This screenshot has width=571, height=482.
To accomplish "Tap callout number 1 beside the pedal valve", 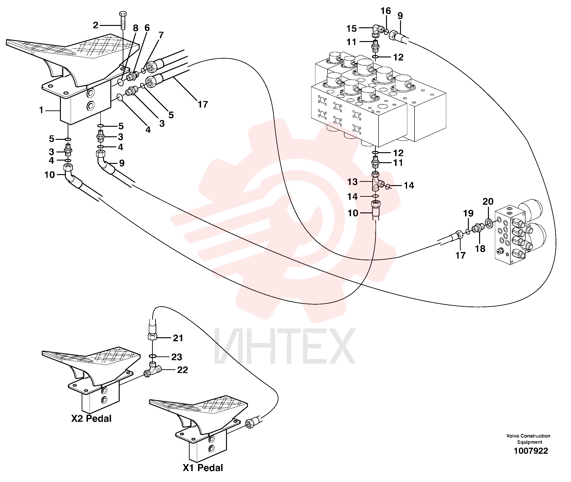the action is pos(41,110).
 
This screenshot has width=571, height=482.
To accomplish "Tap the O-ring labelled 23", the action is pos(153,356).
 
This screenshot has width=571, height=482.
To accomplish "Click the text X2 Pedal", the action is pos(91,418).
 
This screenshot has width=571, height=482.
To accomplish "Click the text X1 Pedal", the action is pos(203,468).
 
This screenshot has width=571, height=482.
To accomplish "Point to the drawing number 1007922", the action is pos(531,450).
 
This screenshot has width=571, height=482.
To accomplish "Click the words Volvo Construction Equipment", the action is pos(528,439).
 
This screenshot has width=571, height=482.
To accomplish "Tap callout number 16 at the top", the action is pos(386,11).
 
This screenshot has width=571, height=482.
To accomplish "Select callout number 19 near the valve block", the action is pos(468,213).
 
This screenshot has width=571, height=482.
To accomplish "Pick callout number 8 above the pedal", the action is pos(136,28).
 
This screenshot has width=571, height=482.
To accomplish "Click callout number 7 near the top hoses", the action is pos(161,35).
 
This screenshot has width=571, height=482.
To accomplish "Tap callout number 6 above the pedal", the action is pos(147,28).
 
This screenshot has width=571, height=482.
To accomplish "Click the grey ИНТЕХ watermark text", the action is pos(285,346).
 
